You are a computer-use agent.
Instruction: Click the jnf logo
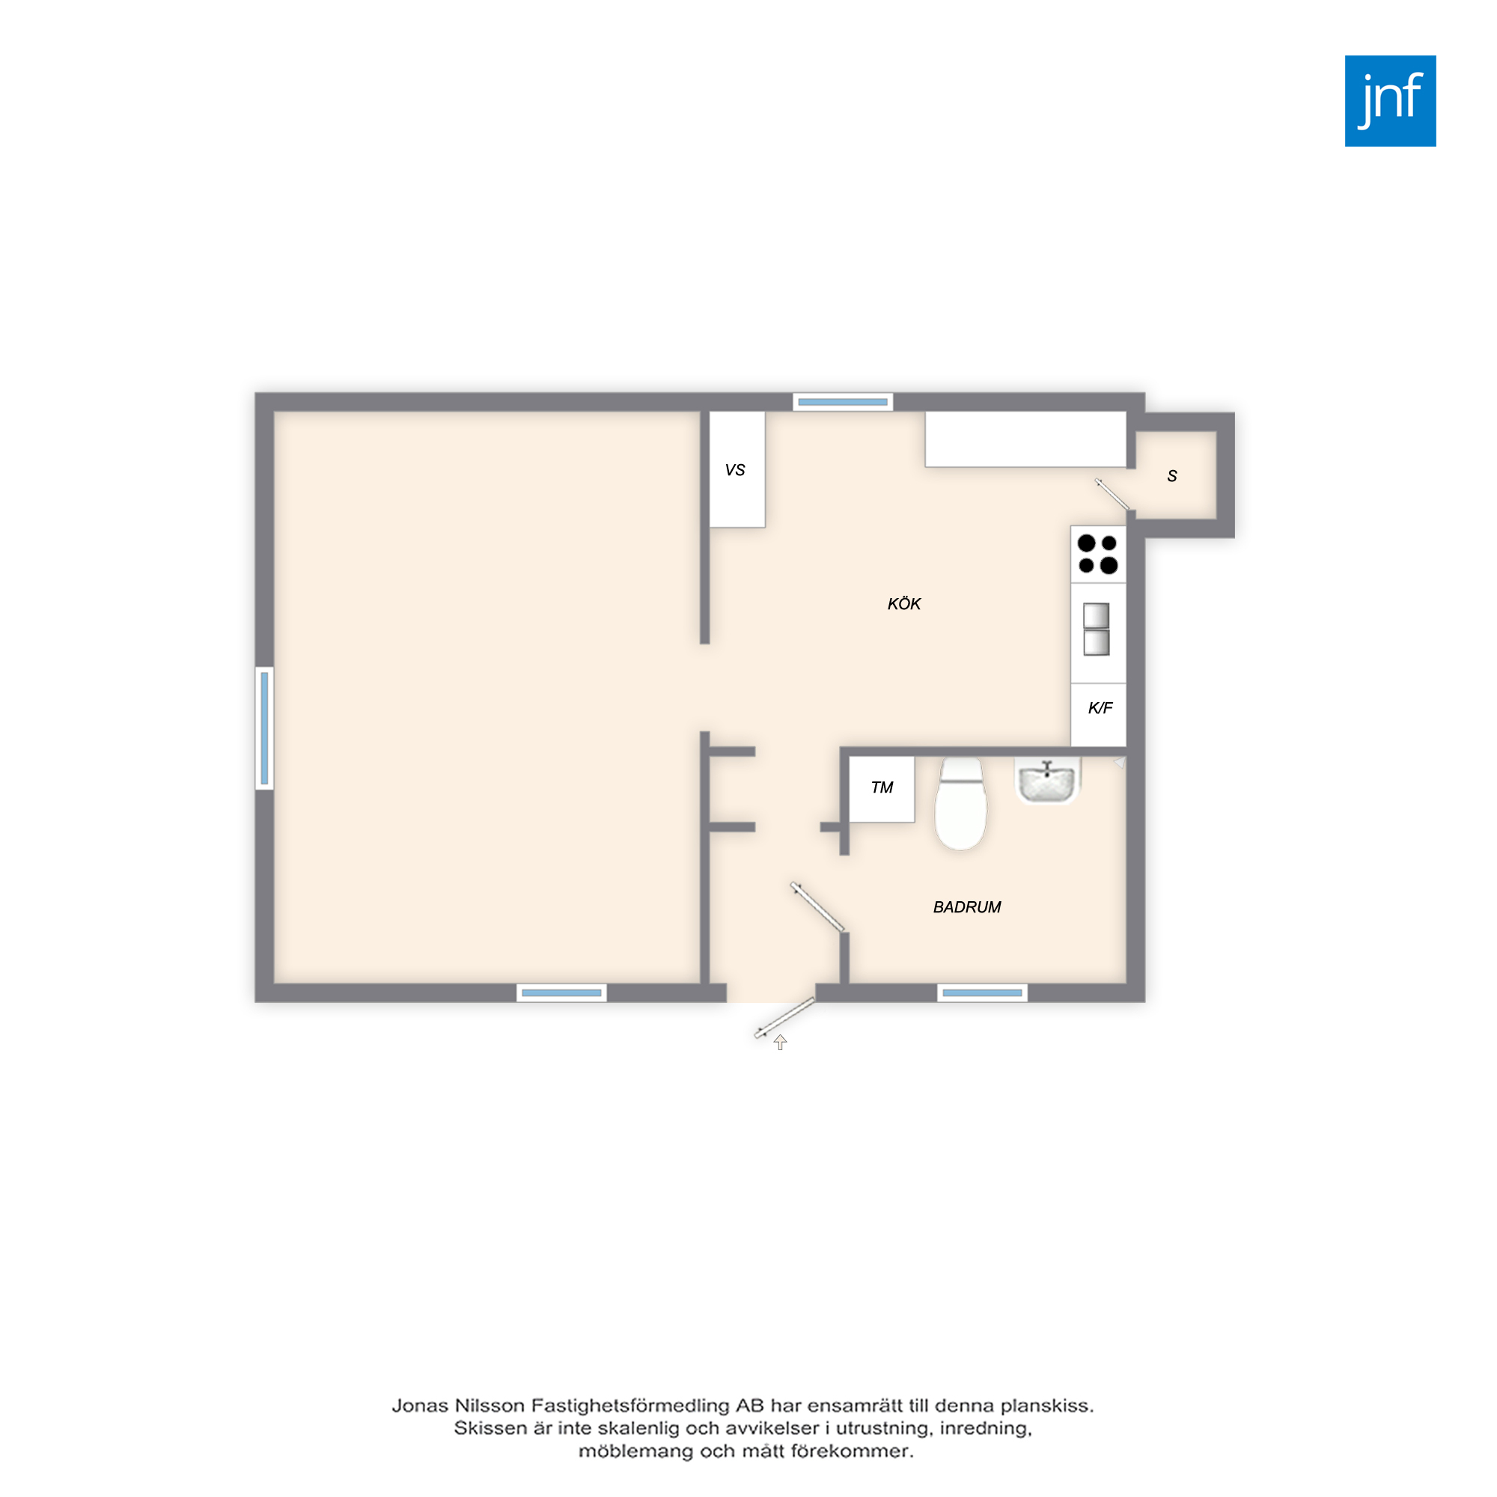pyautogui.click(x=1390, y=101)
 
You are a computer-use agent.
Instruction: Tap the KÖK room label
pyautogui.click(x=904, y=603)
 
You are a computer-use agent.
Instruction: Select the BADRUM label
pyautogui.click(x=967, y=907)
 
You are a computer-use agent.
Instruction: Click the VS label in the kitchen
pyautogui.click(x=735, y=470)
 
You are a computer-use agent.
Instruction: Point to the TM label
pyautogui.click(x=882, y=788)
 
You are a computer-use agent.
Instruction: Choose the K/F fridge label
pyautogui.click(x=1100, y=708)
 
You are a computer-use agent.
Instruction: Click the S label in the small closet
pyautogui.click(x=1172, y=477)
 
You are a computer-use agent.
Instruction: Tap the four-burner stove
pyautogui.click(x=1098, y=554)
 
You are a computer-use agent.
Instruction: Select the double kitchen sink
pyautogui.click(x=1097, y=629)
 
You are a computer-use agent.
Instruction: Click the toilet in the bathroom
pyautogui.click(x=961, y=805)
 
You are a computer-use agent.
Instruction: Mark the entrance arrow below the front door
pyautogui.click(x=780, y=1043)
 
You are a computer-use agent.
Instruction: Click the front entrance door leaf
pyautogui.click(x=784, y=1018)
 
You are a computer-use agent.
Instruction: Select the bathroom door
pyautogui.click(x=817, y=906)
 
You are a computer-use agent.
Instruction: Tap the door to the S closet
pyautogui.click(x=1114, y=494)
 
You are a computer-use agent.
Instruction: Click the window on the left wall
pyautogui.click(x=264, y=728)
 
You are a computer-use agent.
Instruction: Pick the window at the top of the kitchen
pyautogui.click(x=843, y=402)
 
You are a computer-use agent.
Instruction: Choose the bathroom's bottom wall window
pyautogui.click(x=983, y=993)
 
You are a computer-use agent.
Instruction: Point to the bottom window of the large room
pyautogui.click(x=562, y=993)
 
